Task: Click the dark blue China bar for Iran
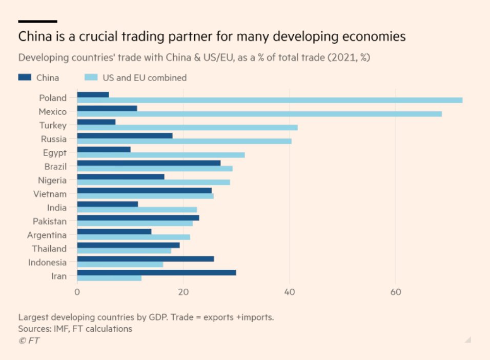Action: click(156, 272)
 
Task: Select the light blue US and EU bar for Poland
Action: click(270, 101)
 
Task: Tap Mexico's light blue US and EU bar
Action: click(259, 114)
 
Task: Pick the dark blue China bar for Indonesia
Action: click(146, 259)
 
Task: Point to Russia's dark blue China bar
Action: click(125, 135)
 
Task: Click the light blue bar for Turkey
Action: click(187, 128)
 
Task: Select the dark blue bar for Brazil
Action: click(149, 163)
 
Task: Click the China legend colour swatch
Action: click(25, 77)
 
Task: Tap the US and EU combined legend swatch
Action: click(90, 77)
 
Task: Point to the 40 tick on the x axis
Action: click(290, 292)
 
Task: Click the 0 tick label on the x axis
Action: click(77, 292)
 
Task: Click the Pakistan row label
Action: click(50, 221)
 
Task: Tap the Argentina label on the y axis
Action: click(47, 235)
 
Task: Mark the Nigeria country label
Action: click(52, 180)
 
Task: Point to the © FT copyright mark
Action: click(29, 341)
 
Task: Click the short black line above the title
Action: click(37, 22)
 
